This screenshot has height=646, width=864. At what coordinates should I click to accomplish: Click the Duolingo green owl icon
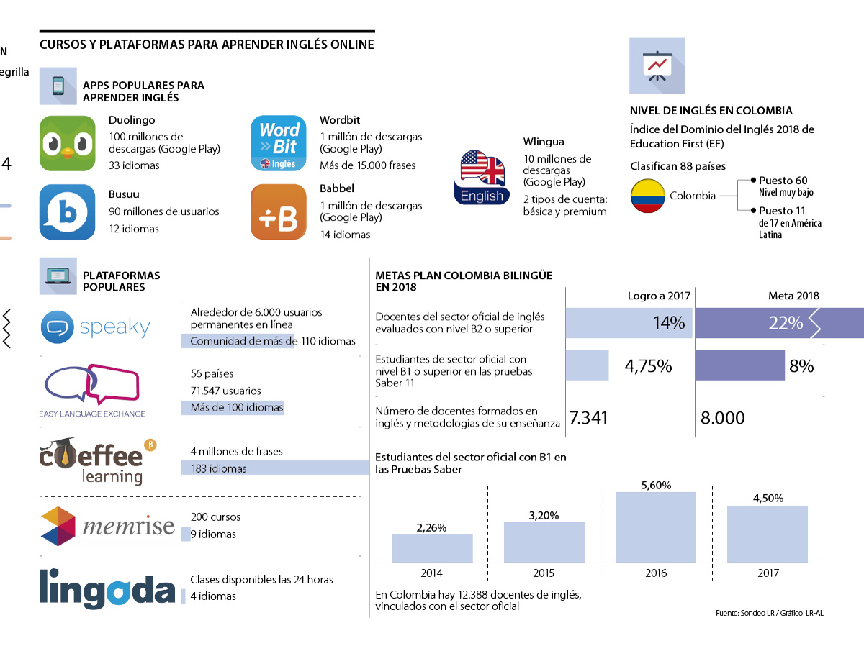[x=67, y=143]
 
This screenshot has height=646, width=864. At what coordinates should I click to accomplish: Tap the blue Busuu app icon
[x=67, y=212]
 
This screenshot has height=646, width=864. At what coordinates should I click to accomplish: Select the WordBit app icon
[x=278, y=143]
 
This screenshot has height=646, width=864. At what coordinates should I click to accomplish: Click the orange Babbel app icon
[x=278, y=212]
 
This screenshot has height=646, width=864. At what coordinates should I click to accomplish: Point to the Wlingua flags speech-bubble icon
[x=482, y=177]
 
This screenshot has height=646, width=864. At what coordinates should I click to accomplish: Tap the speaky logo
[x=96, y=327]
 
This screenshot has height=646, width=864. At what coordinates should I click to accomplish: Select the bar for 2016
[x=656, y=527]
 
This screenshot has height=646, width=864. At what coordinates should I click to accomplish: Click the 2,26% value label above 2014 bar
[x=431, y=527]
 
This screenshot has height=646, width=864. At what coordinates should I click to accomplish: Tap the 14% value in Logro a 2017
[x=669, y=323]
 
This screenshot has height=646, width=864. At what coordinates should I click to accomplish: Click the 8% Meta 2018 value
[x=801, y=366]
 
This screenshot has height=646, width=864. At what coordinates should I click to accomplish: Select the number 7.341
[x=589, y=418]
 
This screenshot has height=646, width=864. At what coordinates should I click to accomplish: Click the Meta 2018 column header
[x=793, y=296]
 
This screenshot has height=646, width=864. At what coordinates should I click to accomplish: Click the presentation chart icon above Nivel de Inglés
[x=657, y=66]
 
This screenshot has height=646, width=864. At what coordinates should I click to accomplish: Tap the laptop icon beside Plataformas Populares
[x=58, y=276]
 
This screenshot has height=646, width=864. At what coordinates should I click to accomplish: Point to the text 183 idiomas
[x=218, y=469]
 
